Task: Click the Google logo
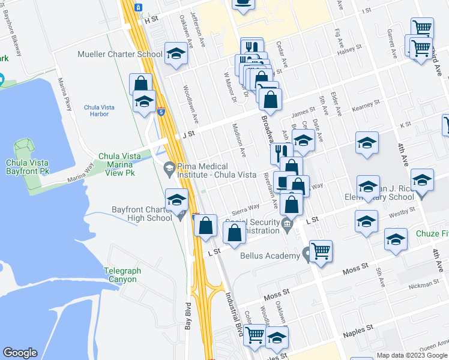coord(20,353)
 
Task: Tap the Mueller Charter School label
coord(120,55)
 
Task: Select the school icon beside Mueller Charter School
coord(176,55)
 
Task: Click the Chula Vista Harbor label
coord(99,111)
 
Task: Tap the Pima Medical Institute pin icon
coord(170,167)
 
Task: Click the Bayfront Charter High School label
coord(142,214)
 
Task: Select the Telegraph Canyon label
coord(121,275)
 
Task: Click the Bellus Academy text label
coord(270,256)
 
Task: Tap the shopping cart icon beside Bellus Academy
coord(321,251)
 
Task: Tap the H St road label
coord(150,20)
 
